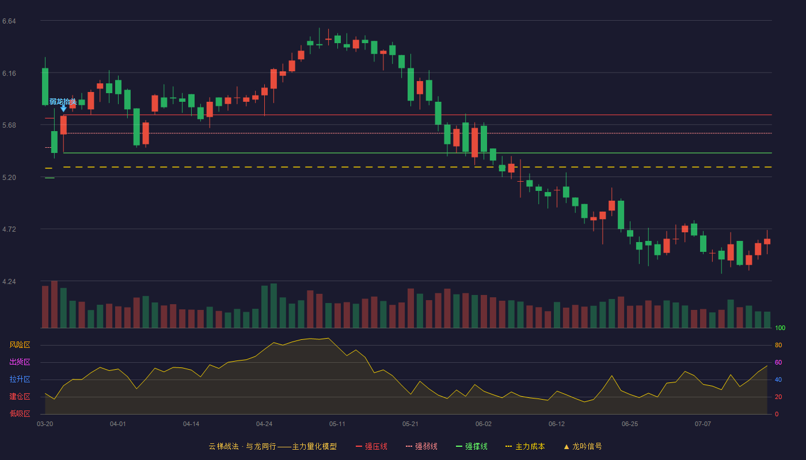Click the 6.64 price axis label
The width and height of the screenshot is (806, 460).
[x=9, y=21]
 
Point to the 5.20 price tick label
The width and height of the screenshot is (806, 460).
[x=9, y=178]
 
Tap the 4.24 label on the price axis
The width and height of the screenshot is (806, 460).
[x=9, y=282]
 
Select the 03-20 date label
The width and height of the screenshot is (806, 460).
[x=45, y=424]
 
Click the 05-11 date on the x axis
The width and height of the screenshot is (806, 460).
[x=337, y=424]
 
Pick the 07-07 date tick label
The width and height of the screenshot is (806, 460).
[x=703, y=424]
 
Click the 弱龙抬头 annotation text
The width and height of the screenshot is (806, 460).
[x=63, y=102]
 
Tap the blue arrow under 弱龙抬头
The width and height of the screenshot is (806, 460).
[x=63, y=108]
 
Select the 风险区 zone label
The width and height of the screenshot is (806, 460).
[x=20, y=345]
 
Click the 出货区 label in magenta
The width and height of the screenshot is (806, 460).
[x=20, y=362]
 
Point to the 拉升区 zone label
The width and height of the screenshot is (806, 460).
[x=20, y=379]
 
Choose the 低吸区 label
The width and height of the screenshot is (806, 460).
[x=20, y=413]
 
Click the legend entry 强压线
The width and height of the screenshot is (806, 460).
[x=371, y=446]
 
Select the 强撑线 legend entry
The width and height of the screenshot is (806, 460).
[x=472, y=446]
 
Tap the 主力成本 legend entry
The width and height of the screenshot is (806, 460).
[x=525, y=446]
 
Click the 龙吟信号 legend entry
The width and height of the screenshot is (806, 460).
[x=583, y=446]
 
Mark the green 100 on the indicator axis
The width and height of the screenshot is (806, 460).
[x=780, y=328]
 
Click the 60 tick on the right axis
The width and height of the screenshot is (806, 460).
[x=778, y=362]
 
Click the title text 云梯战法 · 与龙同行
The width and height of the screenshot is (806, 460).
[x=242, y=446]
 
